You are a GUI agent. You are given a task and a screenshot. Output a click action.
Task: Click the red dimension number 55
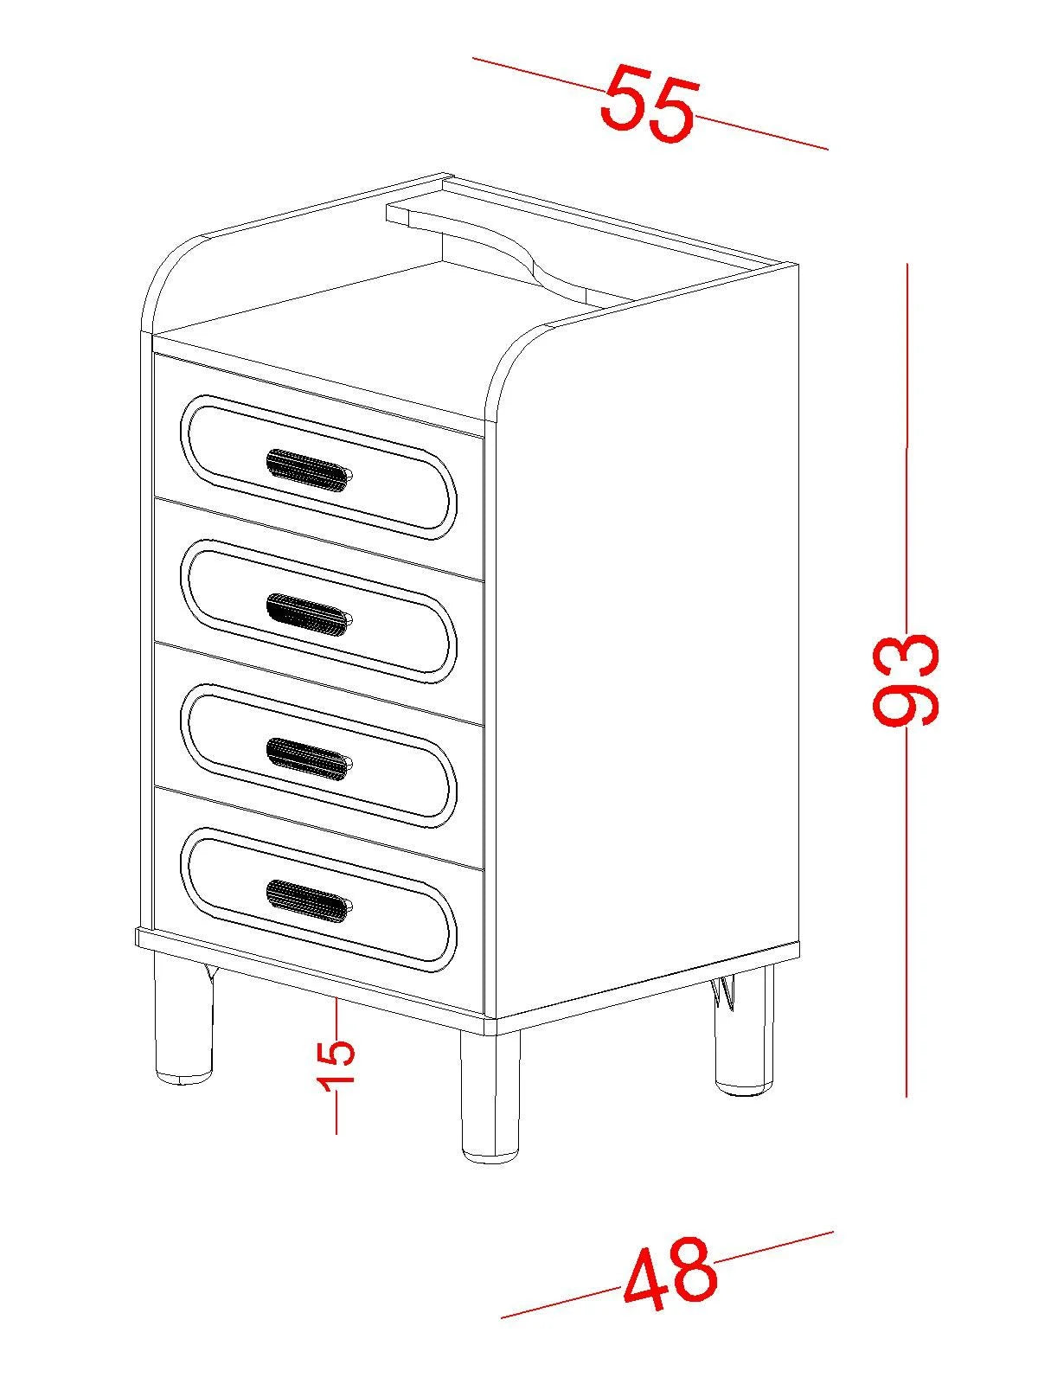[x=649, y=103]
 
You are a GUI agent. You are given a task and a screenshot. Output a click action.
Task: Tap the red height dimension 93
[x=906, y=681]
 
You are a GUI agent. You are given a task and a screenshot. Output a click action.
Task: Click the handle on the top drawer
[x=309, y=471]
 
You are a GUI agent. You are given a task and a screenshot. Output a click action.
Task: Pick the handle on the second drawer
[x=309, y=615]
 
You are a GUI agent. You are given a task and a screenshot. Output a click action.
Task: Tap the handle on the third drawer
[x=309, y=759]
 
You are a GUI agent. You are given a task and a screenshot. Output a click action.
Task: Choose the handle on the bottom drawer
[x=309, y=901]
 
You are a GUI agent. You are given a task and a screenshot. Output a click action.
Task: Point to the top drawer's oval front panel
[x=318, y=467]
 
